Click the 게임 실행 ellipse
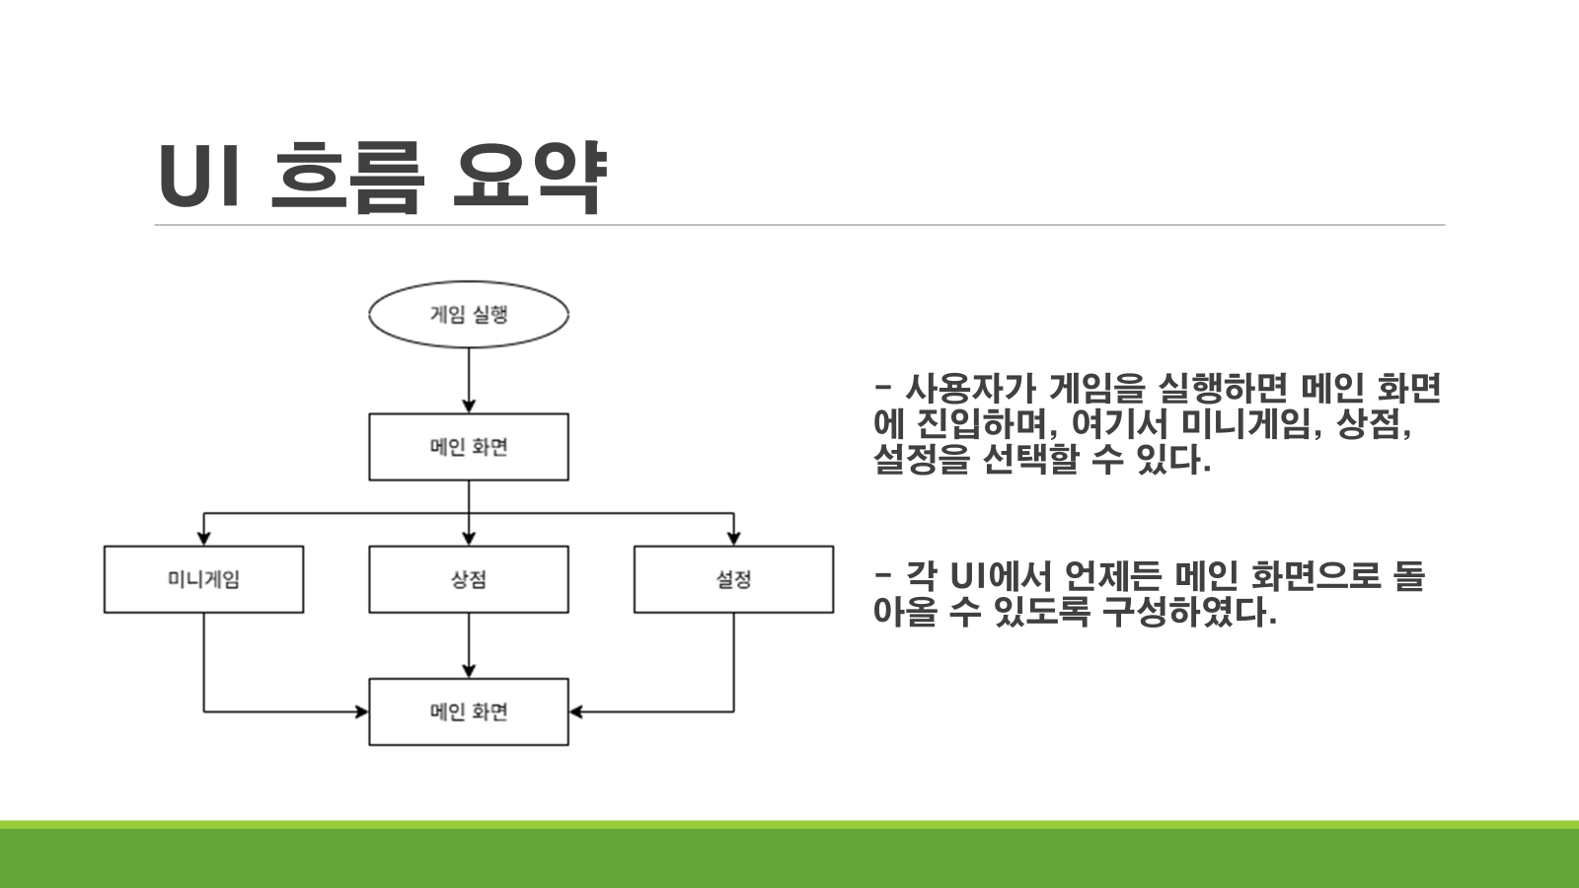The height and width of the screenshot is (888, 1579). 469,315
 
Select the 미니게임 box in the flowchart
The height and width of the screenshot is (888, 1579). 203,579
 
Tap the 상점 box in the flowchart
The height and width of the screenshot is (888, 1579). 469,579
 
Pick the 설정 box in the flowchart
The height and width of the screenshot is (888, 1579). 733,579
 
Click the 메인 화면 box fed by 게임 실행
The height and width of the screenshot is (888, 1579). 469,447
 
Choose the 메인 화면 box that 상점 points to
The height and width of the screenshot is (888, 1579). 469,711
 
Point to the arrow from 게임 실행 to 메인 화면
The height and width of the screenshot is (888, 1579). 469,380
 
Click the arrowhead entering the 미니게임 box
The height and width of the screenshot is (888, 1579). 203,538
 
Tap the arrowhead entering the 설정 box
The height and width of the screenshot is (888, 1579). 733,538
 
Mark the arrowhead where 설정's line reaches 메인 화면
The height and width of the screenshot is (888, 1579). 577,711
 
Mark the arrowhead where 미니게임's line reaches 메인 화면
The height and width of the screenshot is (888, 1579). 360,711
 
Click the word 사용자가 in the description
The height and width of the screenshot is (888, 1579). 970,389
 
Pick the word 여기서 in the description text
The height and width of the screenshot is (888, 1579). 1119,424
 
